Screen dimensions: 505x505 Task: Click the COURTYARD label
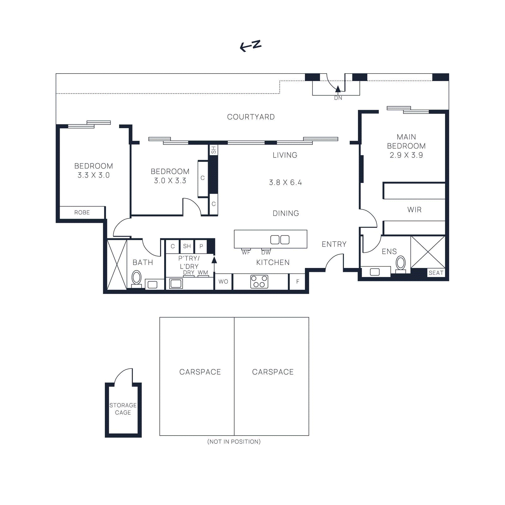(x=251, y=117)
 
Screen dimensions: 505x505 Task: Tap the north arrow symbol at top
(x=251, y=46)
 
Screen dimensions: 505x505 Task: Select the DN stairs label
(x=338, y=98)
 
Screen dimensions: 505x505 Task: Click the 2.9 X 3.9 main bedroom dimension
(x=406, y=155)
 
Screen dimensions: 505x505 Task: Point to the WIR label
(x=414, y=210)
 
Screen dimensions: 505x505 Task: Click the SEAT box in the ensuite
(x=436, y=273)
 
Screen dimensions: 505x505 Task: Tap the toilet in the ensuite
(x=401, y=264)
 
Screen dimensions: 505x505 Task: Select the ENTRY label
(x=334, y=244)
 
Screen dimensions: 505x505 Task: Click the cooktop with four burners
(x=259, y=282)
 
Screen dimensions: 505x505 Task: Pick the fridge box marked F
(x=297, y=282)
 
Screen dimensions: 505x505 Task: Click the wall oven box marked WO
(x=223, y=282)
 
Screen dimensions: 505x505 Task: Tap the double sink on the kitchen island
(x=280, y=240)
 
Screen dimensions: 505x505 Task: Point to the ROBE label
(x=82, y=213)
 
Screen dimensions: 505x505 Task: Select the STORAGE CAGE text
(x=123, y=409)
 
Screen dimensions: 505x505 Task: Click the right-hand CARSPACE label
(x=273, y=372)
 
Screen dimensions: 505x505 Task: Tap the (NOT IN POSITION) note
(x=234, y=442)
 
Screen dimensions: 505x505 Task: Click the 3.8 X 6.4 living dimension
(x=285, y=183)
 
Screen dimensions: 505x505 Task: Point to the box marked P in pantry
(x=201, y=246)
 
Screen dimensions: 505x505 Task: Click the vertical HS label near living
(x=214, y=150)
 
